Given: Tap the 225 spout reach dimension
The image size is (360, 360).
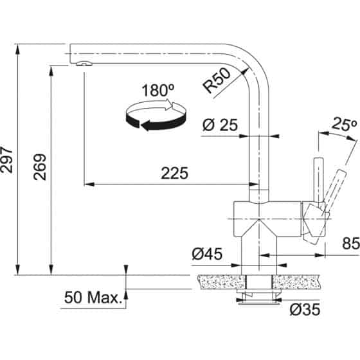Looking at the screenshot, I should pos(174,173).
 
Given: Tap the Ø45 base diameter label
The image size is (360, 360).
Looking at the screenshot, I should pos(206,255).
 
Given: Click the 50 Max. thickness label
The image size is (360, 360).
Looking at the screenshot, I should pos(93,298).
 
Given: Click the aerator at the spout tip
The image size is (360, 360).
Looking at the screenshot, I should pos(83,63).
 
